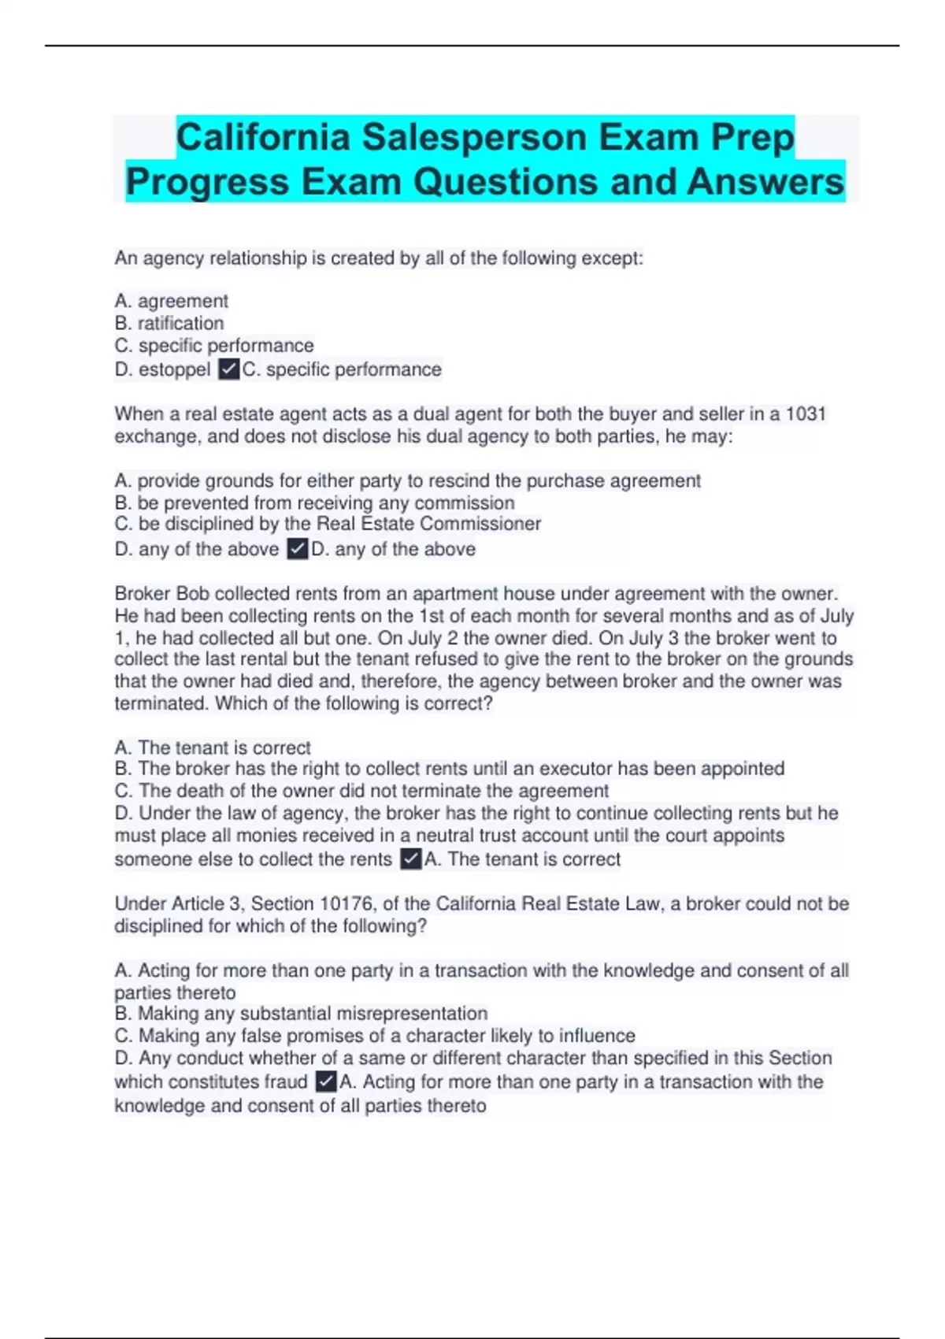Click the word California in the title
tap(262, 138)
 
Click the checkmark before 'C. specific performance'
tap(228, 369)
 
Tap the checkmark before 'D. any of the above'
tap(297, 549)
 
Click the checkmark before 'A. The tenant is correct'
tap(410, 859)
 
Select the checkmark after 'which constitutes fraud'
tap(325, 1081)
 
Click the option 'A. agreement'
tap(171, 301)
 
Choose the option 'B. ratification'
tap(169, 323)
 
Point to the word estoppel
tap(174, 369)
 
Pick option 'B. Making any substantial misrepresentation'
tap(301, 1014)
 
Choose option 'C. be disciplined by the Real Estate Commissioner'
tap(328, 524)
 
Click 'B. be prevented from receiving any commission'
tap(314, 503)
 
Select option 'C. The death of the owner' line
tap(361, 791)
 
